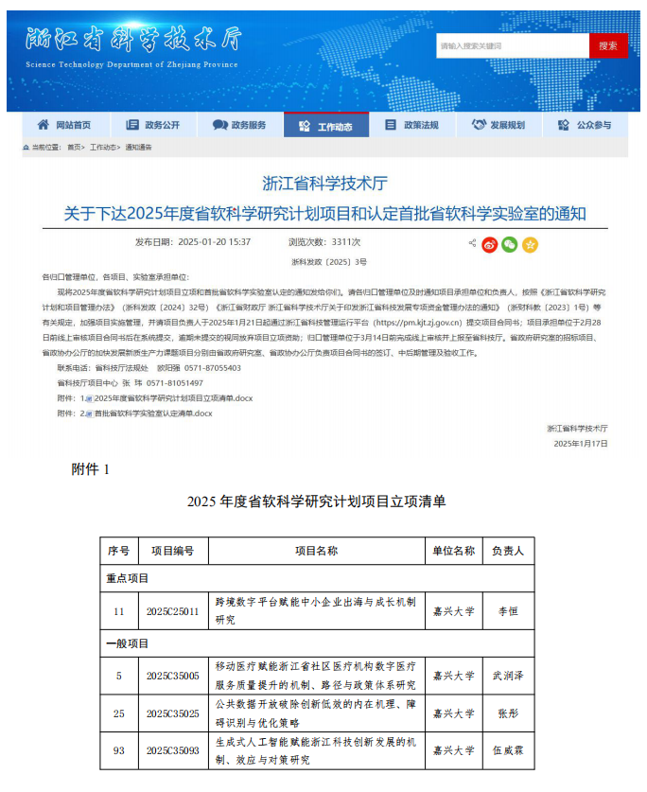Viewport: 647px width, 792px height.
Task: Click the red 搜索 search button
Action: pos(607,45)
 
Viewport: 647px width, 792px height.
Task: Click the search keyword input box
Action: pos(512,45)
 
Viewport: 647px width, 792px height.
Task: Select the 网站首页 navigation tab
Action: pos(64,125)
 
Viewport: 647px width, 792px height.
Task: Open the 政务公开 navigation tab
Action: pos(151,125)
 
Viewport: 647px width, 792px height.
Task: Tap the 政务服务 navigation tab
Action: pos(239,125)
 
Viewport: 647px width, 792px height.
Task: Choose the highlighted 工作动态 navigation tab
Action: pos(326,125)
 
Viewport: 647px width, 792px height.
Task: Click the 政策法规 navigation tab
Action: pos(412,125)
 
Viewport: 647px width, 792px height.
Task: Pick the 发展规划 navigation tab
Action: pos(498,125)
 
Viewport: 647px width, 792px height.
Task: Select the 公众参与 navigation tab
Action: pos(585,125)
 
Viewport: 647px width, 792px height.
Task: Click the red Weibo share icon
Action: pos(489,244)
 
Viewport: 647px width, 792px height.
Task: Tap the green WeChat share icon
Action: pos(510,244)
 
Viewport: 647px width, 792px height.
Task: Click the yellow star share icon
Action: pos(530,244)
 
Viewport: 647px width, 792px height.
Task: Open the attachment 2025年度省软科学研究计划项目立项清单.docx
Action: pos(172,398)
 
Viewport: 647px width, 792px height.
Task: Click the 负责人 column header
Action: pos(508,551)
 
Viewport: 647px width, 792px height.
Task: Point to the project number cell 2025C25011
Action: pos(172,611)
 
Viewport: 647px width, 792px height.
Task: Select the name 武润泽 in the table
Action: pos(508,676)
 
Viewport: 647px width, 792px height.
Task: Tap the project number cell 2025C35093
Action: pos(172,750)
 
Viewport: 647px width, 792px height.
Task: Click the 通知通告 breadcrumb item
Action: pos(138,148)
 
